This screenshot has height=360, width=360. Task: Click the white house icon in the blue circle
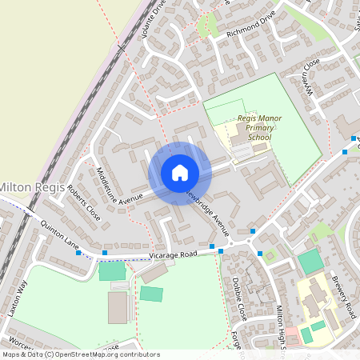(180, 173)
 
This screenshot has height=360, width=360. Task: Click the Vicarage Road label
(173, 254)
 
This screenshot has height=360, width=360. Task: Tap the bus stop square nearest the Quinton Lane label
(78, 253)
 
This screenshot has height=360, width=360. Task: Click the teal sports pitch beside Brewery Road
(310, 262)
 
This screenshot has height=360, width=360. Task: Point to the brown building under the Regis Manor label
(240, 150)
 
